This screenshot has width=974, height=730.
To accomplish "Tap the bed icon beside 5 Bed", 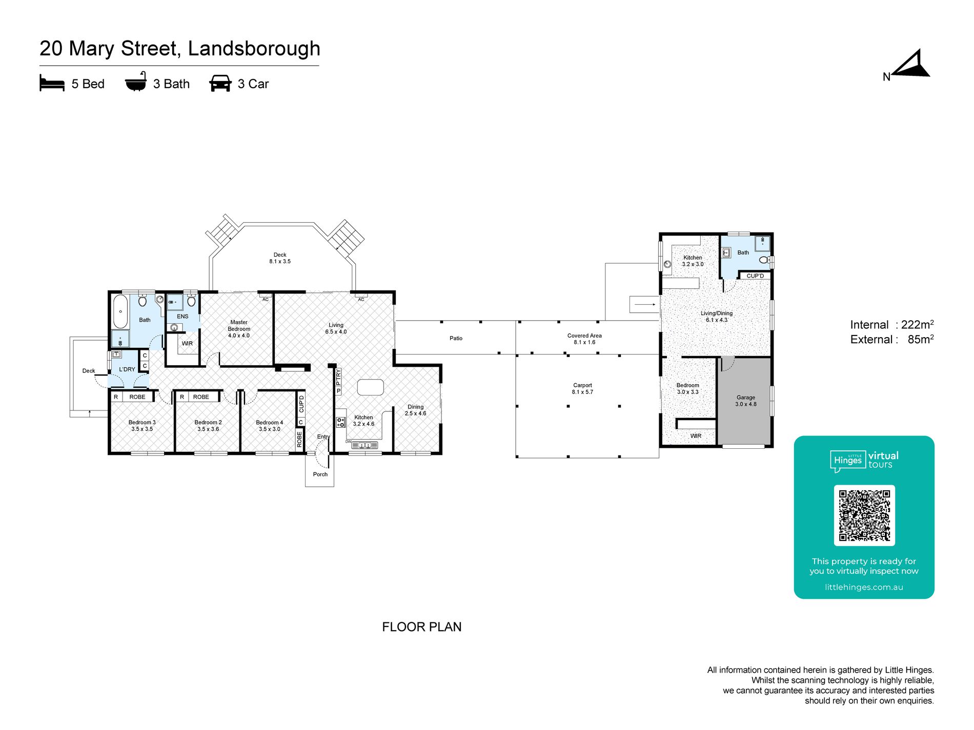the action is (52, 84).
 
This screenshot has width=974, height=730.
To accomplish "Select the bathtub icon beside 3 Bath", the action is (136, 82).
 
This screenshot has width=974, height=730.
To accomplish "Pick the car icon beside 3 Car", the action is (220, 84).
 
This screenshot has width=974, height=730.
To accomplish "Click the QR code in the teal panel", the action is (864, 515).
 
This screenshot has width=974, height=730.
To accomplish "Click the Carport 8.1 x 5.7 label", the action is (582, 389).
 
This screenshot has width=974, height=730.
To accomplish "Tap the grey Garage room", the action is (744, 401).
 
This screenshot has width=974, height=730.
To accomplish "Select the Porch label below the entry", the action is (320, 474).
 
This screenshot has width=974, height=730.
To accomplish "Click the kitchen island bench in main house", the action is (371, 387).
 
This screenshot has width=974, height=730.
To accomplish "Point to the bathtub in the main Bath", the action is (120, 311).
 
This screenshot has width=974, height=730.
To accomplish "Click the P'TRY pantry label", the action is (338, 377).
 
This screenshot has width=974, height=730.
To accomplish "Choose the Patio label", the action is (456, 338).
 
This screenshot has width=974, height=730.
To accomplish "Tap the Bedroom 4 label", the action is (270, 426).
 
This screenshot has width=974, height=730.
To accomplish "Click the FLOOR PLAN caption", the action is (422, 627).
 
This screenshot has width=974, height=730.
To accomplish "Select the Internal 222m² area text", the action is (892, 324).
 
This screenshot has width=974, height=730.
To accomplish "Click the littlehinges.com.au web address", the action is (864, 587).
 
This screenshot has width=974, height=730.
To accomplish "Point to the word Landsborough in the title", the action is (254, 49).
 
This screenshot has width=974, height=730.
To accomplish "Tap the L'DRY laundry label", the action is (127, 369).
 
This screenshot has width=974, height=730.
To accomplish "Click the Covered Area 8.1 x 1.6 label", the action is (584, 339).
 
